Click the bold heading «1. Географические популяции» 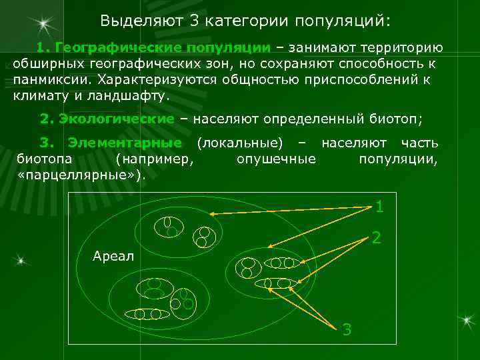point(154,49)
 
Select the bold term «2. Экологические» point(107,119)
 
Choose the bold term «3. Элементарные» point(111,143)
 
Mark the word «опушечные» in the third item point(276,159)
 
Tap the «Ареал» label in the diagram point(113,257)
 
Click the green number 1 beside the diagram point(379,207)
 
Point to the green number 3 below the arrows point(346,329)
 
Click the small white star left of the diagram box point(22,260)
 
